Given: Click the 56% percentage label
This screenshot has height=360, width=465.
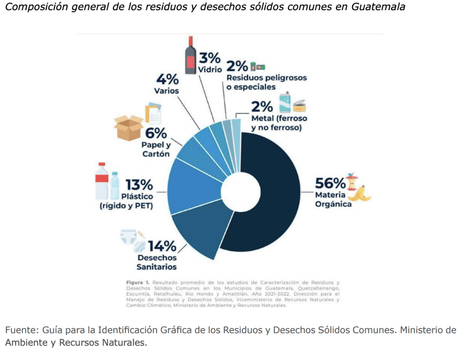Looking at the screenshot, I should click(x=330, y=183).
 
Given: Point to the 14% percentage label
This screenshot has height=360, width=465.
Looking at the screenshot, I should click(x=162, y=246).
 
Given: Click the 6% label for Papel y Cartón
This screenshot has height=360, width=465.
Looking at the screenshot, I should click(x=156, y=133).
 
